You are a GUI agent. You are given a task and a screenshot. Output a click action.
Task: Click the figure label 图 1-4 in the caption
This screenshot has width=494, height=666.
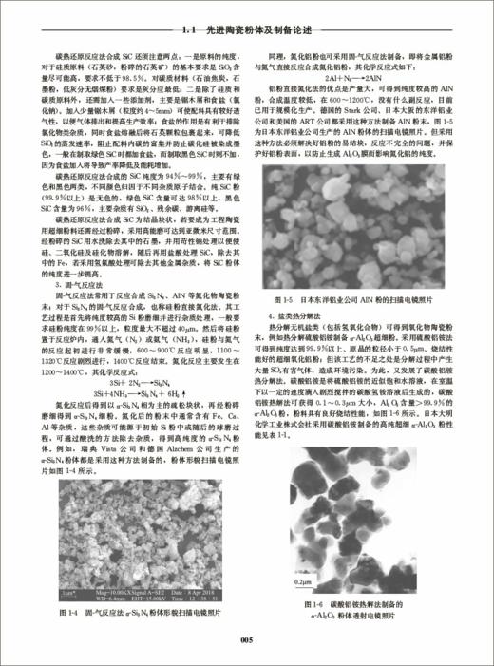pyautogui.click(x=68, y=613)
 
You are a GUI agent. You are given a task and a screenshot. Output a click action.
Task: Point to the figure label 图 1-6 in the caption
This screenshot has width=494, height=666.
pyautogui.click(x=310, y=601)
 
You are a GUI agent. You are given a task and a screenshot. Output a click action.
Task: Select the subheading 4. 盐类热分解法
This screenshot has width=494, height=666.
pyautogui.click(x=328, y=314)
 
